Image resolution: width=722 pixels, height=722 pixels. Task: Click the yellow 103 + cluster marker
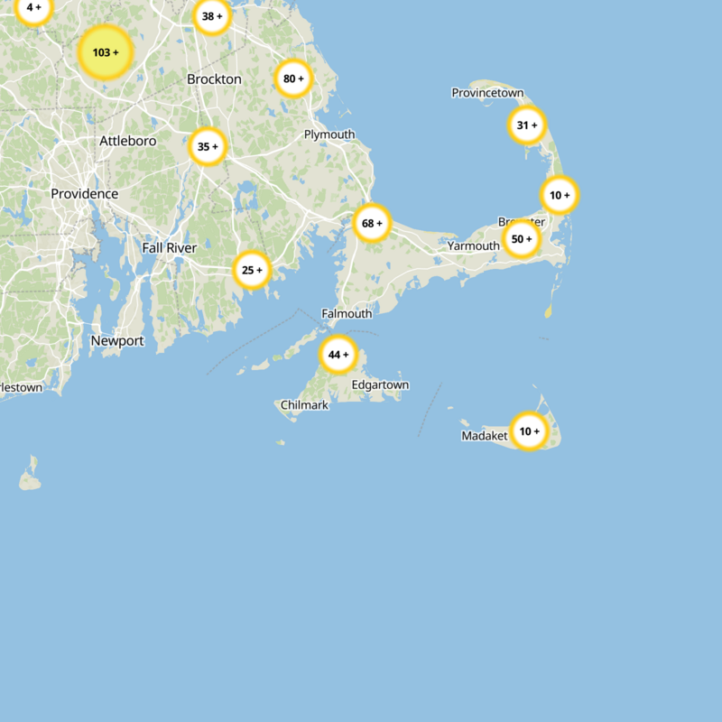106,53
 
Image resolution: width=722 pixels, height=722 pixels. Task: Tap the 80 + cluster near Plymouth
294,79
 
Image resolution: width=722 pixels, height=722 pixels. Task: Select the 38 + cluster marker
213,16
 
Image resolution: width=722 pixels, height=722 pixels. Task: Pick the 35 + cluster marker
208,146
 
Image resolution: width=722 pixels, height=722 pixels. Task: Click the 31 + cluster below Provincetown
527,125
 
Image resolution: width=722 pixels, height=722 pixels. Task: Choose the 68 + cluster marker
372,223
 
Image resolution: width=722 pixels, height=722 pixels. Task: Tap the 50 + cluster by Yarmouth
522,239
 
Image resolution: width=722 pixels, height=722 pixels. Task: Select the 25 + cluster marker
252,269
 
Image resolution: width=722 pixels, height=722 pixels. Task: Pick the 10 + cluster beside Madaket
529,431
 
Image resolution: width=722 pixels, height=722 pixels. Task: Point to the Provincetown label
487,93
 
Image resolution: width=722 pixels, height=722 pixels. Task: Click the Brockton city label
214,79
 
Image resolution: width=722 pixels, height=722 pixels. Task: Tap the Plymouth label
329,134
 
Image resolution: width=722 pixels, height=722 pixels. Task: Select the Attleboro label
127,141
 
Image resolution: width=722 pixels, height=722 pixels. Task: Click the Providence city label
84,194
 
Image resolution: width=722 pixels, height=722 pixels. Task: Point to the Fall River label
169,247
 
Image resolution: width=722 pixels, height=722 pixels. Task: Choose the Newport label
117,341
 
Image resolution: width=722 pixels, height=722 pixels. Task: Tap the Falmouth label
347,314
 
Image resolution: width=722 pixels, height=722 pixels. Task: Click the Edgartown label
380,385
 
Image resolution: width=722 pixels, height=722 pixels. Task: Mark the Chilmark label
304,405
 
